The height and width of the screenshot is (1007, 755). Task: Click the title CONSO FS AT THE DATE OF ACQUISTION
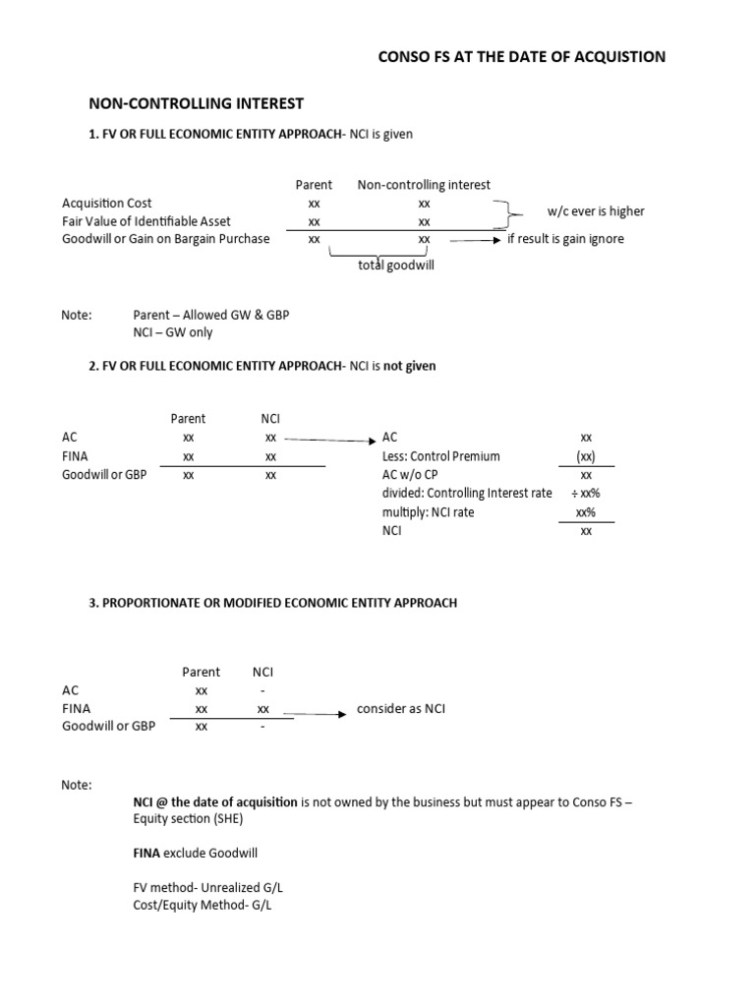click(521, 57)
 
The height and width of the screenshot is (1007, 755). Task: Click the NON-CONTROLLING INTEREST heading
click(197, 103)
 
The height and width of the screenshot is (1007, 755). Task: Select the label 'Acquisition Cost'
click(107, 204)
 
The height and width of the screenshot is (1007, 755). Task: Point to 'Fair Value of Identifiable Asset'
click(146, 221)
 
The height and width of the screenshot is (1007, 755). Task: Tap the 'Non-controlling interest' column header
click(424, 185)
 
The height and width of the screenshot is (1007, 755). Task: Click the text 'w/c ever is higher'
click(596, 211)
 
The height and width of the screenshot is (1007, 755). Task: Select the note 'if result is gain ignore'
click(565, 239)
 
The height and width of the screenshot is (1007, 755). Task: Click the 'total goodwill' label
click(396, 265)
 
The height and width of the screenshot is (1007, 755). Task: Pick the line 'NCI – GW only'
click(172, 332)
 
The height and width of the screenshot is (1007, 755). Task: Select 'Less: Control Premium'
click(440, 456)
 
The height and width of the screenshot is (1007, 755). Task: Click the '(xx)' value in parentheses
click(586, 456)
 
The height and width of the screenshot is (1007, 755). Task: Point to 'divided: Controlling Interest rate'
click(467, 494)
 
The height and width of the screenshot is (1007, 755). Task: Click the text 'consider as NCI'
click(400, 709)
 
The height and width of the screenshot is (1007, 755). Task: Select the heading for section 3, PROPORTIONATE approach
click(273, 603)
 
